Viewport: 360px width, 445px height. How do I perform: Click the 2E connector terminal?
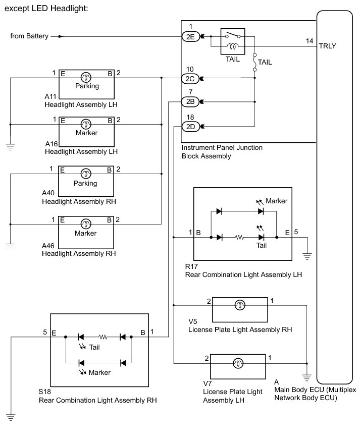pyautogui.click(x=190, y=37)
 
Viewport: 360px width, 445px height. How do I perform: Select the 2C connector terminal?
pyautogui.click(x=190, y=79)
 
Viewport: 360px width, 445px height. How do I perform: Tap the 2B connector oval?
pyautogui.click(x=190, y=101)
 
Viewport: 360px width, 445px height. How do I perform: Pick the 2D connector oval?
pyautogui.click(x=190, y=127)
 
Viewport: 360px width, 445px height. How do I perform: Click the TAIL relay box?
pyautogui.click(x=233, y=41)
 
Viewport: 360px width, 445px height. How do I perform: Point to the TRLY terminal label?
pyautogui.click(x=327, y=46)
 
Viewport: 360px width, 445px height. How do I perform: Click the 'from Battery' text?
pyautogui.click(x=29, y=36)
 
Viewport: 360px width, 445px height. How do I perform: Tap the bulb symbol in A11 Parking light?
pyautogui.click(x=86, y=78)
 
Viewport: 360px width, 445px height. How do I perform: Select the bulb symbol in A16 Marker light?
pyautogui.click(x=86, y=124)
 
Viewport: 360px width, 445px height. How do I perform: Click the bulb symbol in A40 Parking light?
pyautogui.click(x=86, y=174)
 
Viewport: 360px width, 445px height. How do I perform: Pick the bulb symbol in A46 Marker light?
pyautogui.click(x=86, y=224)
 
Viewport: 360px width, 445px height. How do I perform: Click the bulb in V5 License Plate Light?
pyautogui.click(x=240, y=305)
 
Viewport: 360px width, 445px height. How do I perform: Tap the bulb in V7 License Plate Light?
pyautogui.click(x=238, y=363)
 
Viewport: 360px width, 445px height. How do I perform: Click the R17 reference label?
pyautogui.click(x=191, y=266)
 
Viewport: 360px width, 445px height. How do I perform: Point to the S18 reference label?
pyautogui.click(x=44, y=392)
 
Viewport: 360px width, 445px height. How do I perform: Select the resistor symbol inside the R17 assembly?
pyautogui.click(x=240, y=237)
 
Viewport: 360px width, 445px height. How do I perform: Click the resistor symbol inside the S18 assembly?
pyautogui.click(x=103, y=337)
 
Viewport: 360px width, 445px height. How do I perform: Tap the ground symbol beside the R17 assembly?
pyautogui.click(x=307, y=256)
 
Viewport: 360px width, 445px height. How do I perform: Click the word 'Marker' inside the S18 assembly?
pyautogui.click(x=99, y=372)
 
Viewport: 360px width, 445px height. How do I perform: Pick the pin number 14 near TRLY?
pyautogui.click(x=310, y=41)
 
